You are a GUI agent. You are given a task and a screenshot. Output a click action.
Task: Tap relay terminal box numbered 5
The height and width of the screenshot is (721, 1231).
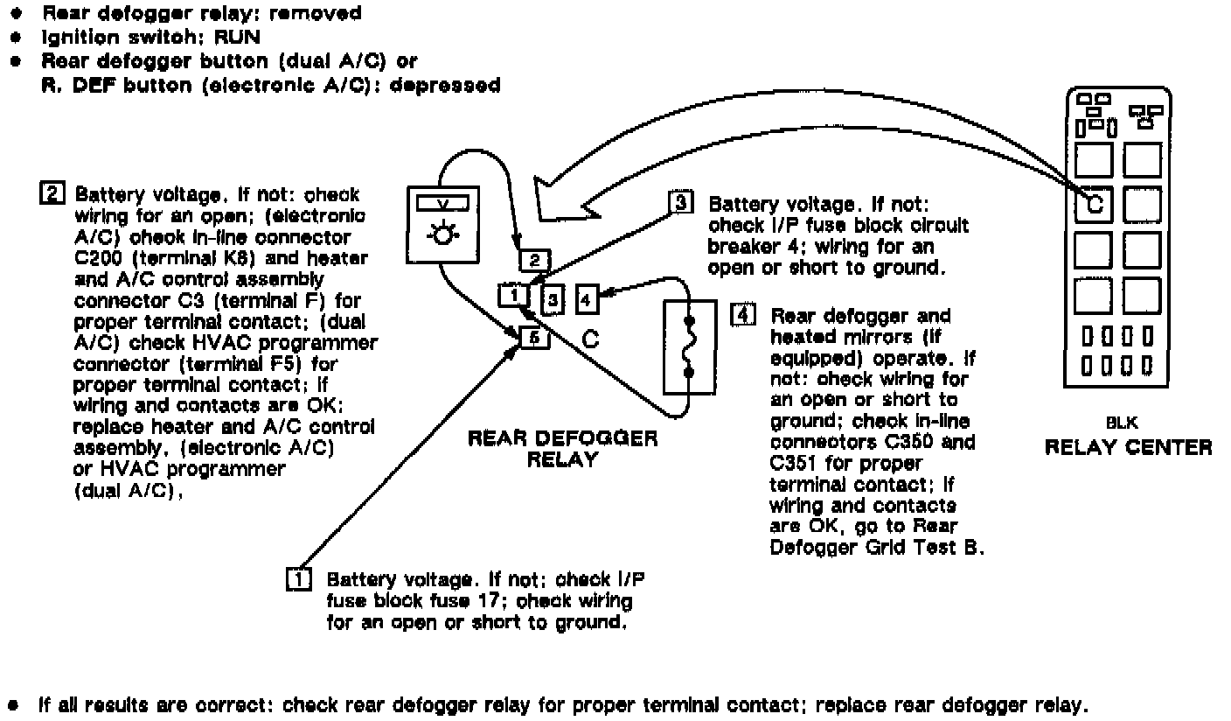(x=533, y=336)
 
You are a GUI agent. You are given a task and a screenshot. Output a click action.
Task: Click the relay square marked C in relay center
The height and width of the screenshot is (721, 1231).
(x=1093, y=206)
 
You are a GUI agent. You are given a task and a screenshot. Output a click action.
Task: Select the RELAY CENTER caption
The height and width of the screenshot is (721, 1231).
(x=1128, y=448)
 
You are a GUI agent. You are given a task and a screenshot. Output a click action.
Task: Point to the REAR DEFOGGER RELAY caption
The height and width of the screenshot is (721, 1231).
(x=562, y=448)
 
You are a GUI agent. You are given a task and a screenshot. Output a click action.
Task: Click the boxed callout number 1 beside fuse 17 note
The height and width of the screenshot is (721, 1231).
(x=299, y=579)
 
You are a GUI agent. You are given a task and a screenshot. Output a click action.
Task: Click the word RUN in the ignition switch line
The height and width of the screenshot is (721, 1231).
(x=217, y=38)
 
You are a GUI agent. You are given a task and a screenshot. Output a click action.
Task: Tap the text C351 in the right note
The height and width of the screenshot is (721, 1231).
(x=796, y=464)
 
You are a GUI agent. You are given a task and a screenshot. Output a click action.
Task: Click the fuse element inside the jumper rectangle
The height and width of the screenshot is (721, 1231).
(x=689, y=347)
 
